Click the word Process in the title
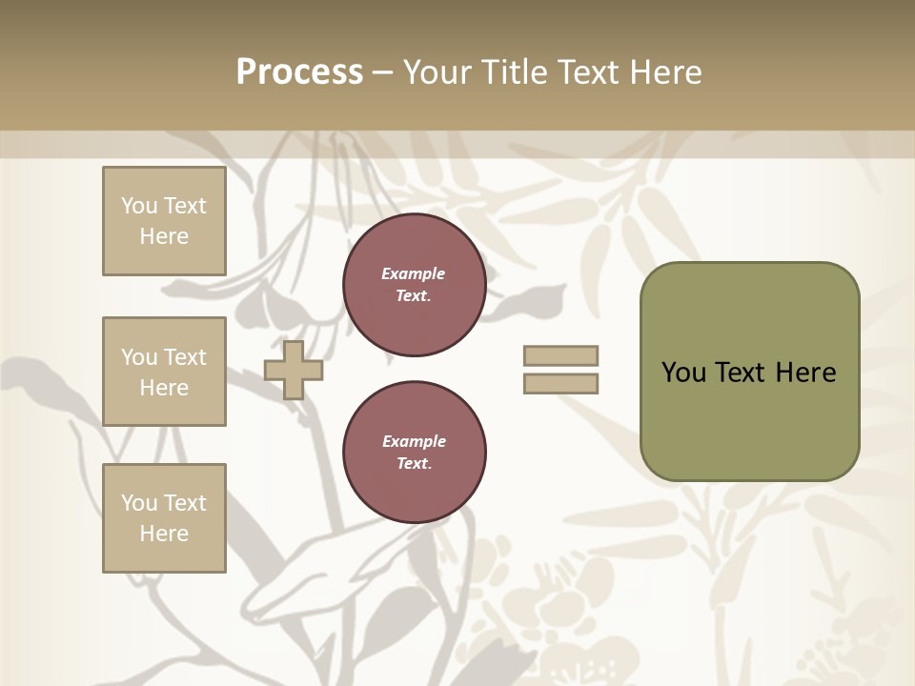(x=299, y=72)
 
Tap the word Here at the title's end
(x=664, y=72)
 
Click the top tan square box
(x=164, y=221)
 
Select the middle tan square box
(x=164, y=372)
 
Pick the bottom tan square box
(x=164, y=518)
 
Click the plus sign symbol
(x=294, y=370)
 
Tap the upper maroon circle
(x=415, y=285)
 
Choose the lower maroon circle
(x=415, y=453)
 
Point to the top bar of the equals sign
(x=561, y=356)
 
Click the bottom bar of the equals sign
(x=561, y=384)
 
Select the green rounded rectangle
(x=749, y=372)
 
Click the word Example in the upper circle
(x=414, y=273)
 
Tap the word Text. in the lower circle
(x=415, y=464)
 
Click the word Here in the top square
(x=164, y=236)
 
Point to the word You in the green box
(x=682, y=373)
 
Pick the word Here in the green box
(x=805, y=373)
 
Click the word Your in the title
(x=437, y=72)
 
